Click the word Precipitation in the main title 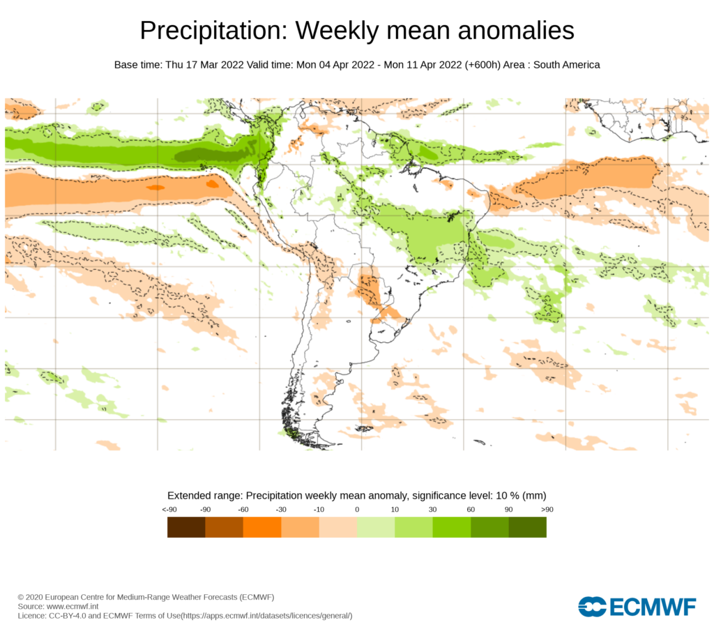click(211, 31)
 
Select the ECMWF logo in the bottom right click(637, 607)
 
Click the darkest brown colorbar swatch click(186, 527)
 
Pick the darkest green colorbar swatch click(527, 527)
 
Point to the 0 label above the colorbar click(357, 509)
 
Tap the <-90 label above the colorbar click(169, 509)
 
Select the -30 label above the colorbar click(281, 509)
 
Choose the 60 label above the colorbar click(471, 509)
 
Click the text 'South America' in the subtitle click(568, 65)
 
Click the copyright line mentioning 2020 click(146, 597)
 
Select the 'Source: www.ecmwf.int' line click(58, 607)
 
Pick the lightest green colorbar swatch click(376, 527)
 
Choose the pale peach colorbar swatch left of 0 click(338, 527)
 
